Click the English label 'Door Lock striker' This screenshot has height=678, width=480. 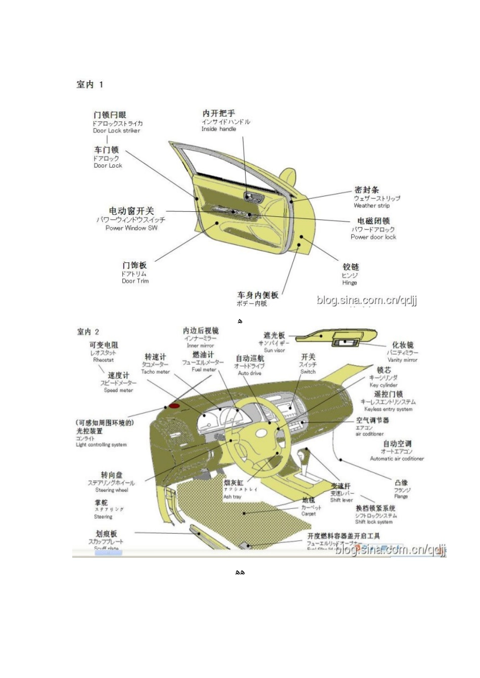point(116,131)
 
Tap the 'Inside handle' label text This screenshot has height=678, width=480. point(218,129)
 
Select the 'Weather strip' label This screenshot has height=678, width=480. point(371,206)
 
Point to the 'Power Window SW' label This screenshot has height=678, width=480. point(131,228)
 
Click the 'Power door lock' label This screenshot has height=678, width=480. point(373,237)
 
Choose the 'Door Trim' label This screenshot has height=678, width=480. point(135,281)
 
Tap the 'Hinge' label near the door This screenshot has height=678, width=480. point(349,283)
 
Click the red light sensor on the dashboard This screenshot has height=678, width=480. point(174,405)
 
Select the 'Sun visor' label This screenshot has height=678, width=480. point(274,350)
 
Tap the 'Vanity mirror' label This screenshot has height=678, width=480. point(402,360)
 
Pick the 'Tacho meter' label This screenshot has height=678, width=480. point(155,372)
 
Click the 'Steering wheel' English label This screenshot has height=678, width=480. point(112,490)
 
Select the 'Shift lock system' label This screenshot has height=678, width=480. point(374,522)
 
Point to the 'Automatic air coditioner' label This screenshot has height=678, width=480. point(397,459)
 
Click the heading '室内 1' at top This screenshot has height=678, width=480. point(89,85)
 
